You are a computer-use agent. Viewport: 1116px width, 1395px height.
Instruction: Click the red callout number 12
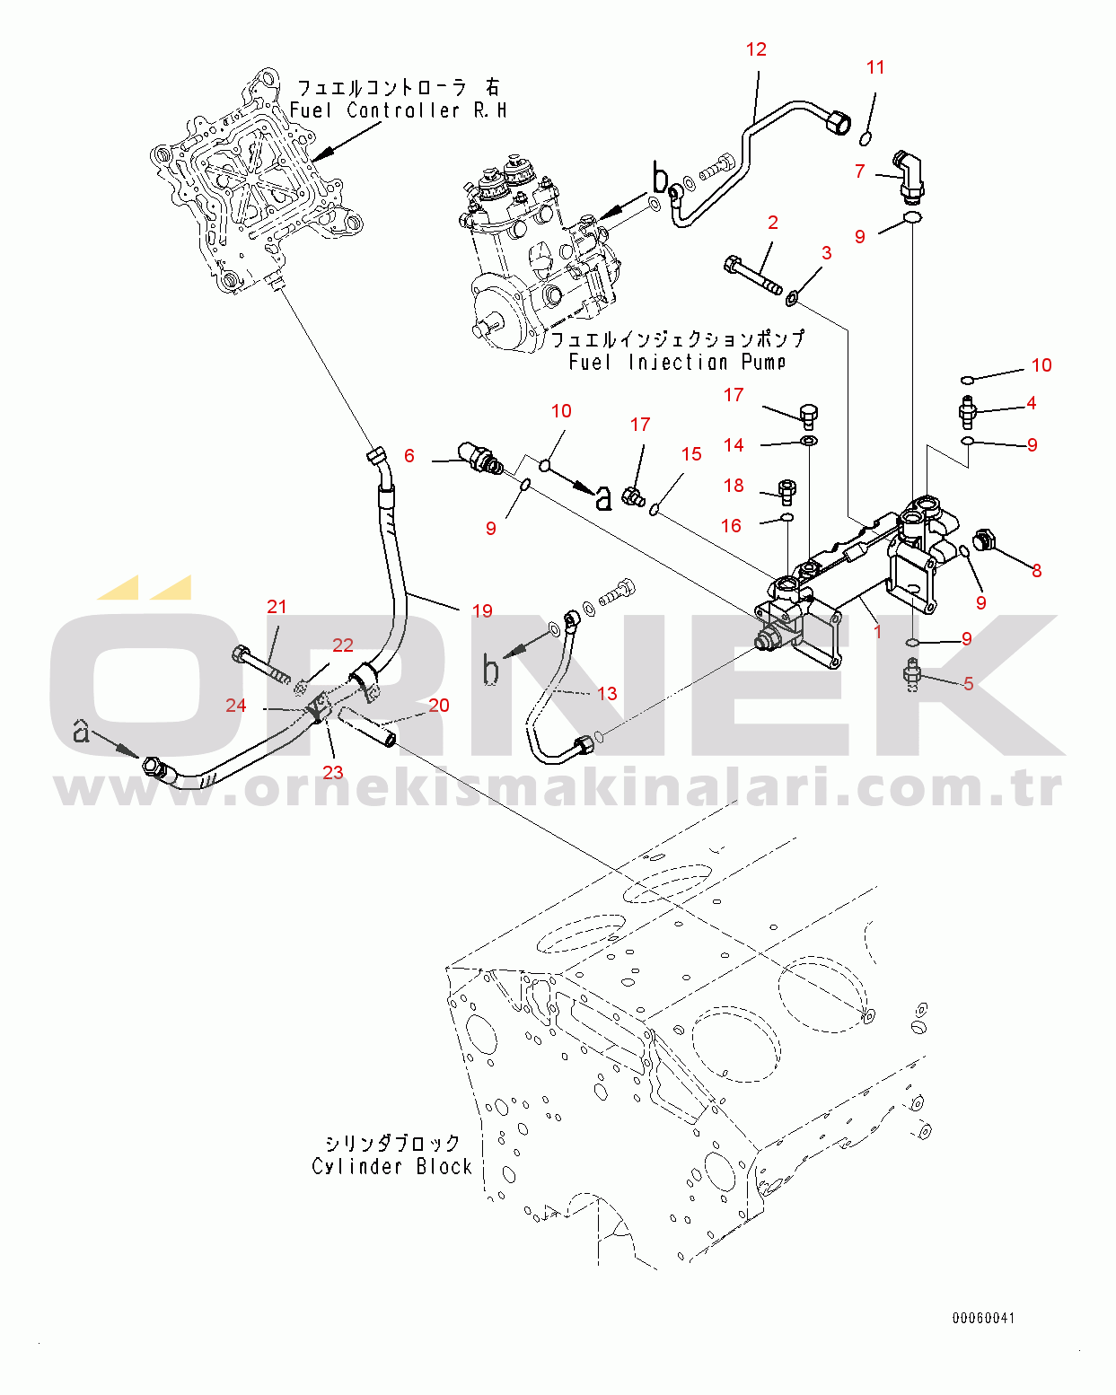click(x=756, y=49)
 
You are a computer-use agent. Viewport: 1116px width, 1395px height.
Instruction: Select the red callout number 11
click(x=875, y=67)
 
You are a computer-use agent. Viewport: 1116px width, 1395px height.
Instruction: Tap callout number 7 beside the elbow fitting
click(x=860, y=171)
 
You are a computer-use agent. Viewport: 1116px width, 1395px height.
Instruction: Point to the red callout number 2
click(x=772, y=223)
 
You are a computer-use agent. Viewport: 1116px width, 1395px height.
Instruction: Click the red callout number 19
click(x=482, y=611)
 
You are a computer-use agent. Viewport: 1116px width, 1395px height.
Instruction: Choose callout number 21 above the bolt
click(x=277, y=607)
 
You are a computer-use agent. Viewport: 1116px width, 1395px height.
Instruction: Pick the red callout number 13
click(x=607, y=694)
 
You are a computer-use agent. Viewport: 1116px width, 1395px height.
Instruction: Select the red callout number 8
click(x=1037, y=571)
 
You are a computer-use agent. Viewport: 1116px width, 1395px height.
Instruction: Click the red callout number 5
click(x=969, y=684)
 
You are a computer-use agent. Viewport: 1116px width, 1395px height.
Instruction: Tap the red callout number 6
click(x=409, y=456)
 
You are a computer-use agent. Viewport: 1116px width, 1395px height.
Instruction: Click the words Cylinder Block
click(x=391, y=1166)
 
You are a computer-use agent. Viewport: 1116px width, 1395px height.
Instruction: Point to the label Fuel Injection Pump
click(x=677, y=362)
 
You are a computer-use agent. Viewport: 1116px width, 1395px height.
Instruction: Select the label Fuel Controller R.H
click(x=398, y=110)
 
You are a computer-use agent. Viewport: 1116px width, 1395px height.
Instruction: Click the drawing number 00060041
click(x=984, y=1318)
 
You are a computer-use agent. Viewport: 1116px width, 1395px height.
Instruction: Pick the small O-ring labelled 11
click(x=866, y=137)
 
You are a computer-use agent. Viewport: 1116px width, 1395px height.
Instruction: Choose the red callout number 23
click(x=333, y=773)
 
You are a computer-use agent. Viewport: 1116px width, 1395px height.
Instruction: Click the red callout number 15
click(x=691, y=454)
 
